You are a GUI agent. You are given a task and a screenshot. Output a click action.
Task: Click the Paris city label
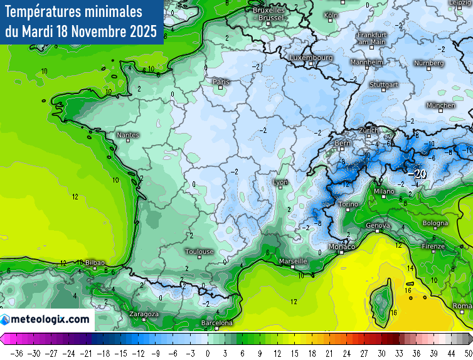click(x=221, y=82)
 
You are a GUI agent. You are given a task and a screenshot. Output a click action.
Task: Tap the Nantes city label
click(x=128, y=135)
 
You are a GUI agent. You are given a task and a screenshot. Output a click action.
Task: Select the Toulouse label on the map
click(x=199, y=251)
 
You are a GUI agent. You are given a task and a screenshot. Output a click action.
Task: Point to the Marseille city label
click(x=293, y=261)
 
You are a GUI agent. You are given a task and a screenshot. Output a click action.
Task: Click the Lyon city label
click(x=280, y=183)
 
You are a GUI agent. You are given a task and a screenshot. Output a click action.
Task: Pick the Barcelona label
click(x=217, y=323)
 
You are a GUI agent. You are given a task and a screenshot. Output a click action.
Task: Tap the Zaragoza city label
click(x=144, y=314)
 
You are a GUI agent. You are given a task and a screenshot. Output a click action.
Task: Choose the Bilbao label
click(x=95, y=263)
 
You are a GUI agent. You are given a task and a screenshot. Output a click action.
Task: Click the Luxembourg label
click(x=311, y=58)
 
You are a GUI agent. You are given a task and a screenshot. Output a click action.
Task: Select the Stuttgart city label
click(x=384, y=84)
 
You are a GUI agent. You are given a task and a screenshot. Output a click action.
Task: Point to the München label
click(x=440, y=105)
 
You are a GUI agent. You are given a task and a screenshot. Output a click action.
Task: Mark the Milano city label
click(x=384, y=191)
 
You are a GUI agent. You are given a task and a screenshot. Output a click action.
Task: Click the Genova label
click(x=378, y=226)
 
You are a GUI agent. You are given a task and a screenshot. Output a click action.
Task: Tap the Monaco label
click(x=343, y=247)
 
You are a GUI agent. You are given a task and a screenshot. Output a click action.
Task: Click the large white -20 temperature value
click(x=417, y=174)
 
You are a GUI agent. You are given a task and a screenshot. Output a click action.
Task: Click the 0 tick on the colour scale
click(x=207, y=353)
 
